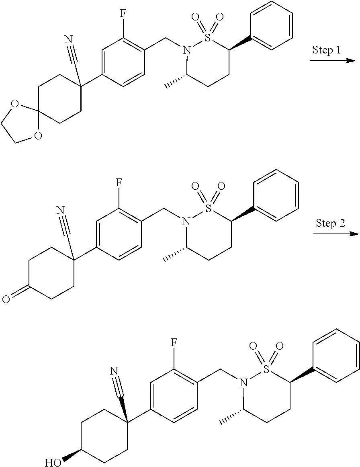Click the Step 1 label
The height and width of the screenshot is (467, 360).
(327, 50)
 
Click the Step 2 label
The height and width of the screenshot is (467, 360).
(330, 223)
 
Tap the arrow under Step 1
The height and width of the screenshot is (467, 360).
(332, 61)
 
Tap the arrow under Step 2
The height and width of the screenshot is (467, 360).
(335, 233)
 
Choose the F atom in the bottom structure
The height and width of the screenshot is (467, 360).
(174, 342)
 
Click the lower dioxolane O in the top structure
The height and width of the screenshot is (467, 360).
(37, 136)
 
